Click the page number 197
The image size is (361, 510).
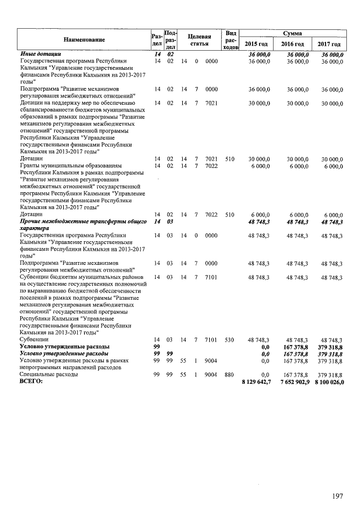[x=337, y=496]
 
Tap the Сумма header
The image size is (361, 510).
[x=293, y=34]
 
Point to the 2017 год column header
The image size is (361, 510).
[x=329, y=45]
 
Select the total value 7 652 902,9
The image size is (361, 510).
[x=292, y=382]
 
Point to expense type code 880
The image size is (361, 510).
[x=229, y=374]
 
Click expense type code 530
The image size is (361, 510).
[x=229, y=340]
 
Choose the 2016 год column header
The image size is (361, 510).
[x=292, y=45]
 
